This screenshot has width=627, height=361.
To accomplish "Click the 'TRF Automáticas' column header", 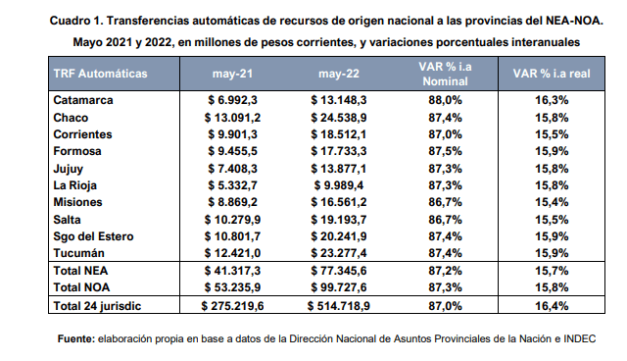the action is [x=100, y=74].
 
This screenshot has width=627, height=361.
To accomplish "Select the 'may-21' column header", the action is [x=232, y=74].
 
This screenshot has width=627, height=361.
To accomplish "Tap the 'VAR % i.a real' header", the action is [x=552, y=74].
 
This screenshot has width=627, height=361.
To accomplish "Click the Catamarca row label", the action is [x=83, y=100].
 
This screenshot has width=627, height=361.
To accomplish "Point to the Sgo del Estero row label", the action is [x=93, y=236].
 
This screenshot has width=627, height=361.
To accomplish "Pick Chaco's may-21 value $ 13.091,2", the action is [x=232, y=118].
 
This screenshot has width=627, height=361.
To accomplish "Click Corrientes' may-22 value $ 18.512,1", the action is [x=339, y=134].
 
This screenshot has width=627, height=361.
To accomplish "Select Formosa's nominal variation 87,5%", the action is [x=445, y=151].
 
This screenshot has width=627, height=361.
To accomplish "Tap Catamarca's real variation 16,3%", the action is [x=552, y=100].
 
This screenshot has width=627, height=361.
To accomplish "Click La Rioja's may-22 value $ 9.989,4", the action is [x=339, y=185].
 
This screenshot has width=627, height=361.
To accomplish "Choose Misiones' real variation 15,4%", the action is [x=552, y=202].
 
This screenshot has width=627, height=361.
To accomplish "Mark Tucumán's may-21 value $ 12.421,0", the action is [x=232, y=253].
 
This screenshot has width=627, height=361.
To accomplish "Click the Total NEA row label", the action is [x=80, y=271].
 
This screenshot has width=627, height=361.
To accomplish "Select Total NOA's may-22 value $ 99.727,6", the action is [x=339, y=287].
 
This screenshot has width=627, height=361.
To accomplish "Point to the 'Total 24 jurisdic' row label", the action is [x=97, y=306].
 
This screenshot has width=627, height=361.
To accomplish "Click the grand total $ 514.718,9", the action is [x=339, y=306].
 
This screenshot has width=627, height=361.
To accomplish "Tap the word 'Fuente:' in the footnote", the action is [x=76, y=339].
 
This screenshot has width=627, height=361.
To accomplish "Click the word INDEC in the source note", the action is [x=579, y=339].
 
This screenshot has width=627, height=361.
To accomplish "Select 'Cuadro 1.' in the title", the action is [x=76, y=21].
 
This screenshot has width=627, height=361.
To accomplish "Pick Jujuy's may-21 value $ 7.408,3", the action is [x=232, y=169].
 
